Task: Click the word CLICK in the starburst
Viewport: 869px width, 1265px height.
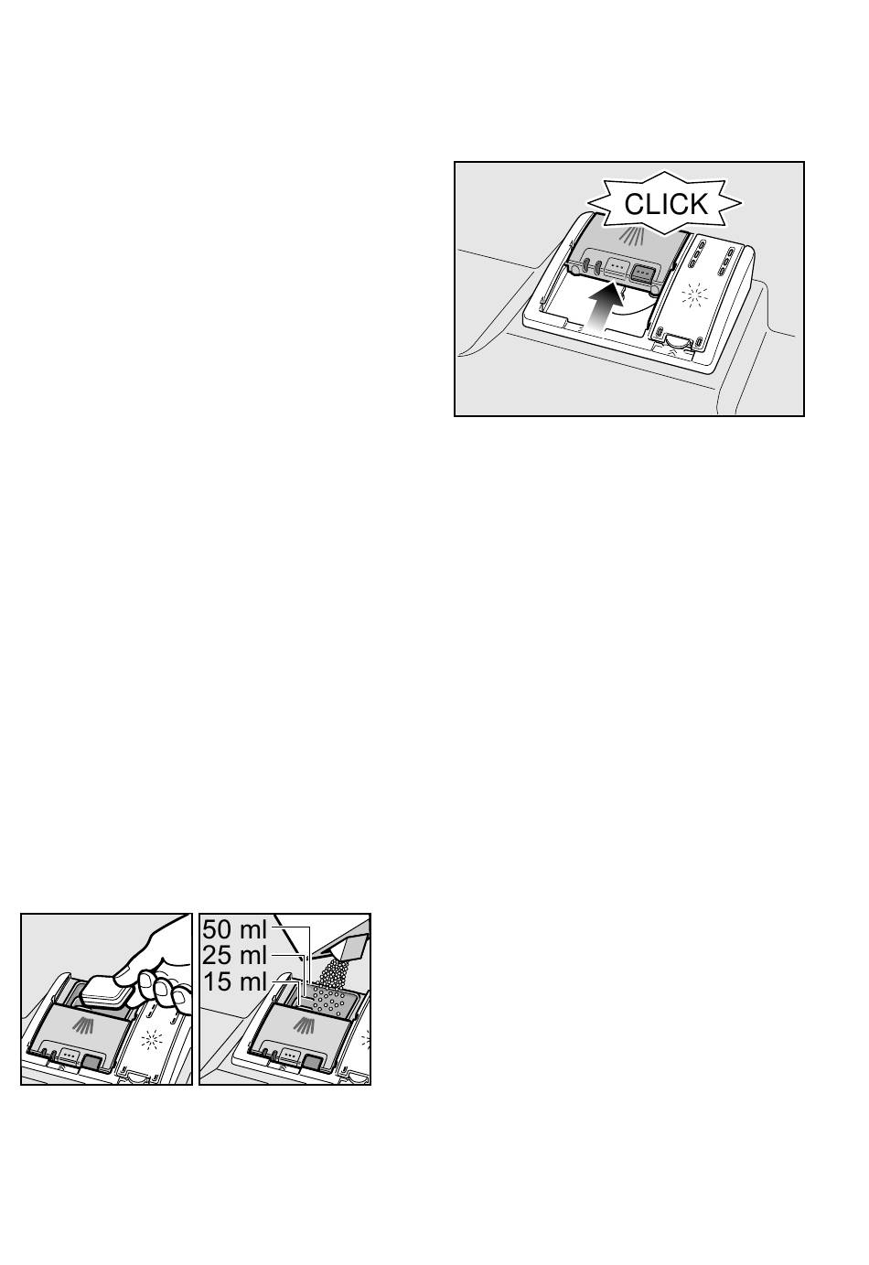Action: [666, 204]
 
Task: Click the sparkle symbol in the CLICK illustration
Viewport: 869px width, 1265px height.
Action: [694, 295]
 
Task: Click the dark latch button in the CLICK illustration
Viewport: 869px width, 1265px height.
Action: [642, 273]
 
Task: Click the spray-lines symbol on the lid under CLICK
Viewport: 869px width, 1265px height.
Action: [631, 235]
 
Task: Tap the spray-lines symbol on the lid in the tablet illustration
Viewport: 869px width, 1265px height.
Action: [83, 1026]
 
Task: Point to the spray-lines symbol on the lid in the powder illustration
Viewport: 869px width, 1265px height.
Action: [305, 1026]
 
